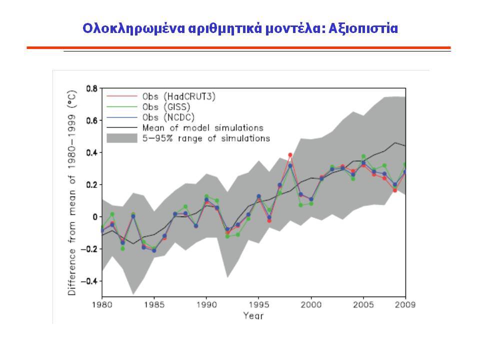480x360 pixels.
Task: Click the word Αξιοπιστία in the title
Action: pos(363,28)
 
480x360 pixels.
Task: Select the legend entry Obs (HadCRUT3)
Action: pos(179,96)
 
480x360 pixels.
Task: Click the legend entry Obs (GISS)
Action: pos(166,107)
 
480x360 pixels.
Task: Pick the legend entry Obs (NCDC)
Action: pos(168,117)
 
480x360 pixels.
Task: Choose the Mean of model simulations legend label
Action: pos(202,127)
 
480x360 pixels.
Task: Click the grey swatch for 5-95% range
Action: pos(122,138)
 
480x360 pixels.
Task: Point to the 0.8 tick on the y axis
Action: pos(92,89)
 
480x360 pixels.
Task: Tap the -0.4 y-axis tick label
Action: pos(89,281)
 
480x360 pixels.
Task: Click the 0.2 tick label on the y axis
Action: pos(92,185)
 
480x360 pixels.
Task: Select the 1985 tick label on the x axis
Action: pos(154,305)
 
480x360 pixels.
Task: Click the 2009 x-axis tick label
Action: pos(405,305)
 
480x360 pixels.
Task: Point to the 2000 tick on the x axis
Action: pos(311,305)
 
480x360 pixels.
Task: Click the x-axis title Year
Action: pos(253,315)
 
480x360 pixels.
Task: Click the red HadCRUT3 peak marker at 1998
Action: pos(290,155)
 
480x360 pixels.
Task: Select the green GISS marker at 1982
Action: pos(123,248)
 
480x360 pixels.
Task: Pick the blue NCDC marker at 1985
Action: pos(154,250)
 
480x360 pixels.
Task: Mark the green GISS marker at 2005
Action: pos(363,156)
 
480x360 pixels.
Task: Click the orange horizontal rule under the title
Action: pos(239,48)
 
